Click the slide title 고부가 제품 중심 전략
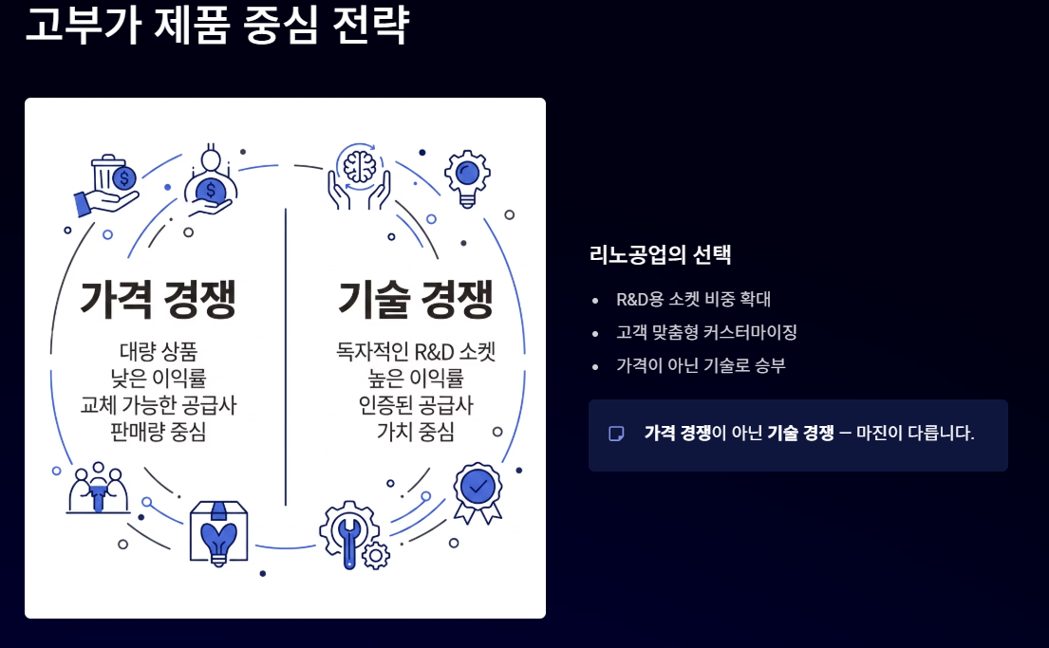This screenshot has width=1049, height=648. (x=216, y=25)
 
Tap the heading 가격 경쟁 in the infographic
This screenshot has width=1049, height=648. (x=159, y=300)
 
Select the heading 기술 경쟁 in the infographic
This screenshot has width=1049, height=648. (x=416, y=300)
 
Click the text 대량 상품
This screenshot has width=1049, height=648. (x=159, y=351)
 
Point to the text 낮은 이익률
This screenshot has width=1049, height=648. (x=159, y=379)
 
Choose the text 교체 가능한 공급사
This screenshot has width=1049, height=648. (x=159, y=405)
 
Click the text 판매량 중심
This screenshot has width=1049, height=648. (x=159, y=432)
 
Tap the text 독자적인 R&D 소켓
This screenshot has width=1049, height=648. (x=416, y=351)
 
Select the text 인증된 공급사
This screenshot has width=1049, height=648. (x=416, y=405)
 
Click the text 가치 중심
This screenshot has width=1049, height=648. (x=416, y=432)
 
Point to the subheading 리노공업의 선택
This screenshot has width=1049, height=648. (x=661, y=255)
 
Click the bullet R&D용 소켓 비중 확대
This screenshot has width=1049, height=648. (x=693, y=300)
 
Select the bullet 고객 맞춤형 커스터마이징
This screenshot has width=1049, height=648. (x=706, y=333)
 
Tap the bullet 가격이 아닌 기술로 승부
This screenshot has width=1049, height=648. (x=701, y=365)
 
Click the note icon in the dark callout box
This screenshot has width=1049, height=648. (x=616, y=434)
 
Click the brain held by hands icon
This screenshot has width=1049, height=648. (x=359, y=176)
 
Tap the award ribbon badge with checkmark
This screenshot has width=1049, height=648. (x=478, y=491)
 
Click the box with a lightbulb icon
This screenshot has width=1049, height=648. (x=218, y=531)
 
